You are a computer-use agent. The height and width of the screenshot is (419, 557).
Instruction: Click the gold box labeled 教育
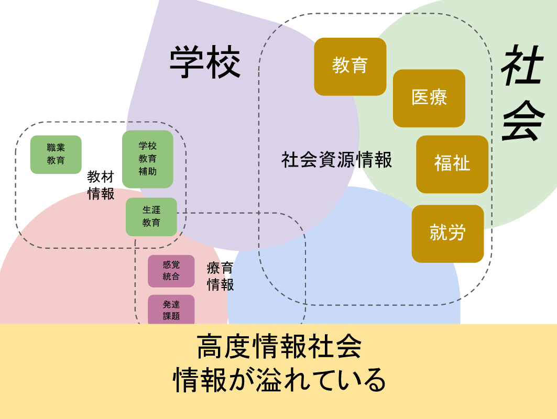(x=350, y=66)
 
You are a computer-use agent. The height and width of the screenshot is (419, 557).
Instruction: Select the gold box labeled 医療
(x=429, y=98)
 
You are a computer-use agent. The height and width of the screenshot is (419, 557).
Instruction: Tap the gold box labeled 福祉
(x=452, y=164)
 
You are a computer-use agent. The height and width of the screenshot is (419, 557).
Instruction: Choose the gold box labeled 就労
(x=447, y=233)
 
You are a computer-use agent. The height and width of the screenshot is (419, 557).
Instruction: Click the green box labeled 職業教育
(x=56, y=155)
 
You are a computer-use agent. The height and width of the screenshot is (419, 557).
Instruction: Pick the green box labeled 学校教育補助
(x=148, y=159)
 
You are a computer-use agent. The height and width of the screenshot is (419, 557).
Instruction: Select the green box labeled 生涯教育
(x=151, y=216)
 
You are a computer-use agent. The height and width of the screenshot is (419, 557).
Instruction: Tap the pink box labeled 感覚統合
(x=171, y=271)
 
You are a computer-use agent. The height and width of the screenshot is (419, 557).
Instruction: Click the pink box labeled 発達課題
(x=171, y=310)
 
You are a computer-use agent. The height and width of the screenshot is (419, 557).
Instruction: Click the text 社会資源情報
(x=336, y=160)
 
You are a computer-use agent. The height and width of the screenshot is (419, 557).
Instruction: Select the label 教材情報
(x=101, y=185)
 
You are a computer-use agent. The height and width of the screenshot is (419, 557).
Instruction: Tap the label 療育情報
(x=220, y=277)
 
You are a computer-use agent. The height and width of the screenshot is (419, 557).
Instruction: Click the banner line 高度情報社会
(x=279, y=347)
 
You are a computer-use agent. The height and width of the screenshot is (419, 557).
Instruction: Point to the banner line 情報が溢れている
(x=279, y=381)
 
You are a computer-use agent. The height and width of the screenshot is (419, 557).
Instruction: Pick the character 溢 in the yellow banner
(x=268, y=381)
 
